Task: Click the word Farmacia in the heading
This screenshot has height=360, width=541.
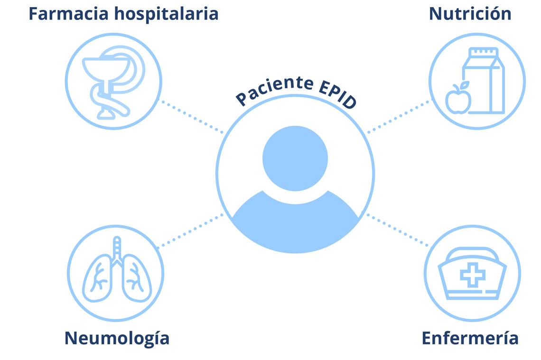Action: (68, 14)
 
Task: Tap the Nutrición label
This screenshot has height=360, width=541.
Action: (470, 14)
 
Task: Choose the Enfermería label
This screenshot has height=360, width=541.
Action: (470, 338)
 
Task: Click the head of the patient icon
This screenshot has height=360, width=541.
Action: (295, 158)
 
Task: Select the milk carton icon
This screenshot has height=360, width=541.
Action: (484, 80)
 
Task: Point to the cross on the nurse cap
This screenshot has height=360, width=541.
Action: (473, 275)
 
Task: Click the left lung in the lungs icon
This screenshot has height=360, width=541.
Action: (98, 278)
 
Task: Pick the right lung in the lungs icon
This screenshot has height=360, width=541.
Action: (137, 278)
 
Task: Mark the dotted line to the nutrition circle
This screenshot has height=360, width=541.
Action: (400, 116)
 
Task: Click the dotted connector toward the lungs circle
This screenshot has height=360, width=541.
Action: (190, 231)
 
